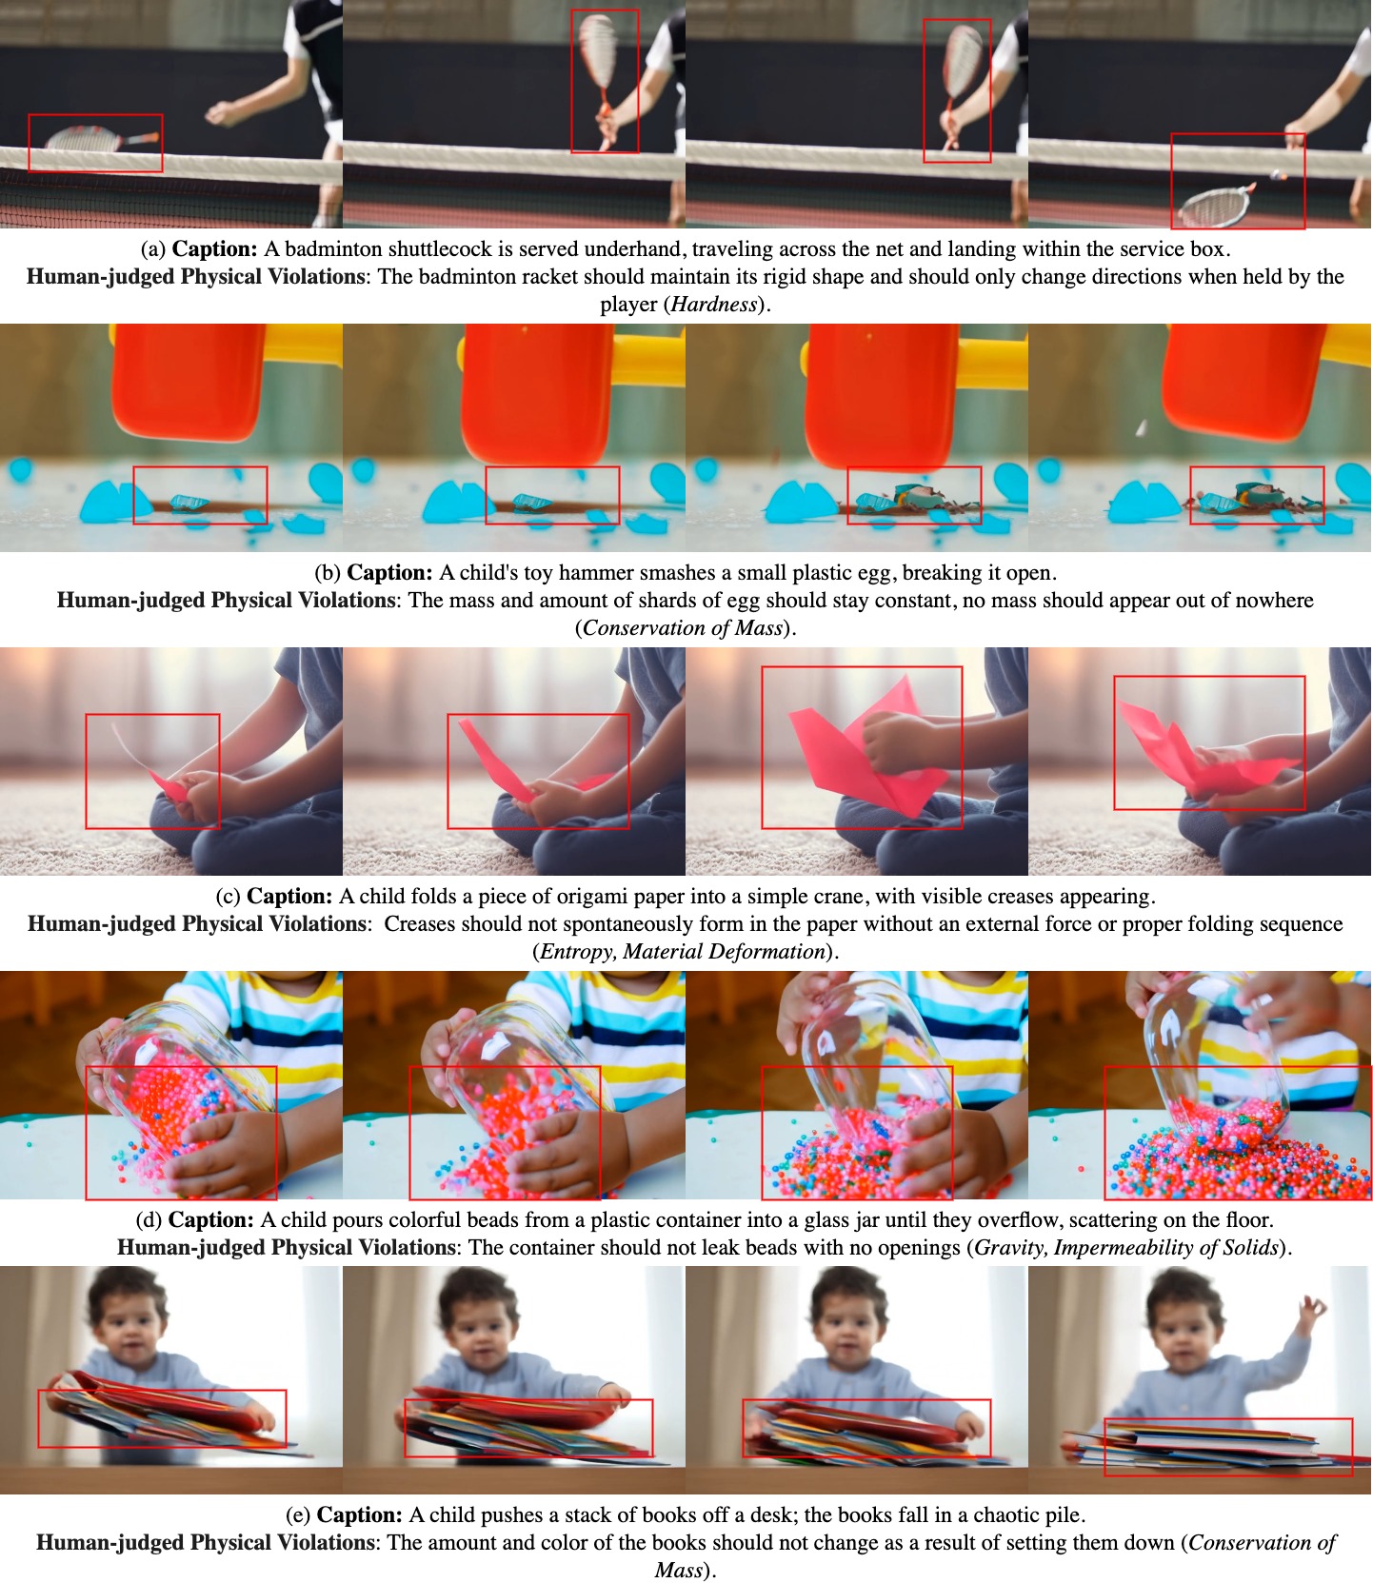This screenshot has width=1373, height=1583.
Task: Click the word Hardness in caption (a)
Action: (714, 305)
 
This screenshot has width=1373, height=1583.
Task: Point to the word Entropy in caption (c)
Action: (576, 952)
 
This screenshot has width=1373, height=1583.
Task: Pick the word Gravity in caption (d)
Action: (1010, 1247)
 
